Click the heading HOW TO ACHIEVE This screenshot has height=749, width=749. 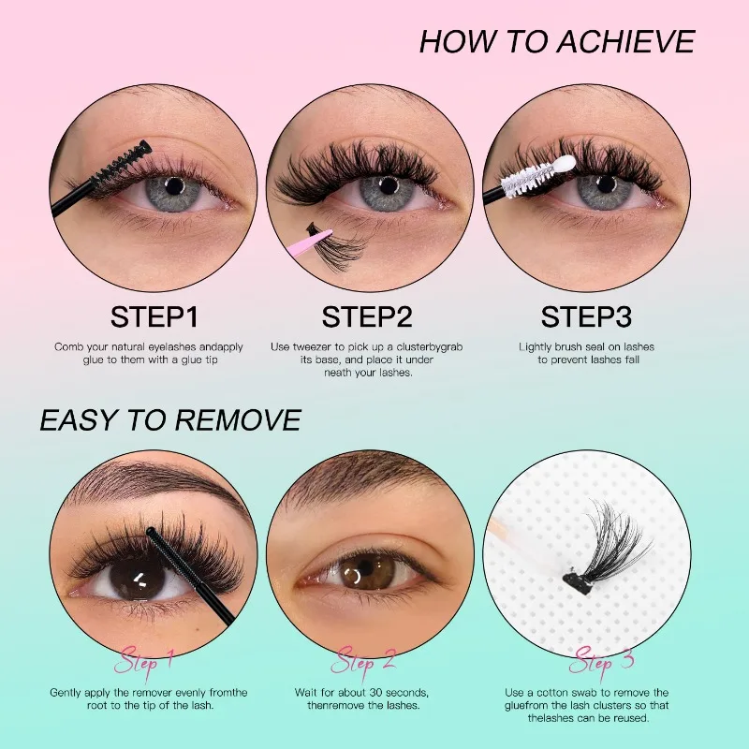[x=557, y=42]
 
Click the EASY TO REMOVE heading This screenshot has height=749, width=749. [x=170, y=420]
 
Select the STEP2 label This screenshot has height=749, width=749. [x=367, y=316]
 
